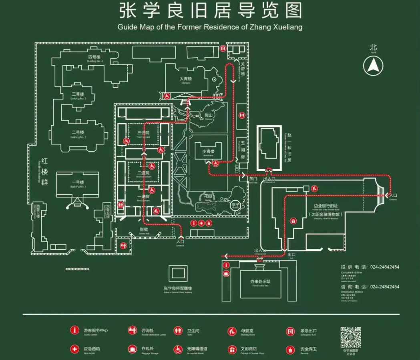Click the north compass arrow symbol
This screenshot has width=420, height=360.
click(x=373, y=65)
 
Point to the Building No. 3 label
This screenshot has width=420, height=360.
click(x=78, y=95)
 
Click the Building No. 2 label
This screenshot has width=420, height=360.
click(x=78, y=134)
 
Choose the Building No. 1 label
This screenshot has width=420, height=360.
click(x=78, y=184)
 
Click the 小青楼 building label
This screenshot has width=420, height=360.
click(x=208, y=152)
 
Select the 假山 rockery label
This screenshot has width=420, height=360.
click(x=208, y=115)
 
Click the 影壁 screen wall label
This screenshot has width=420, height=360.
click(x=144, y=230)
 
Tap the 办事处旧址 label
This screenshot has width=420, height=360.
click(x=260, y=282)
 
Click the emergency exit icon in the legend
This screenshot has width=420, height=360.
click(x=290, y=331)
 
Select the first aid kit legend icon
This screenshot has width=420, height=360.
click(x=75, y=349)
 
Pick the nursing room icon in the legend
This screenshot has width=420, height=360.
click(x=232, y=331)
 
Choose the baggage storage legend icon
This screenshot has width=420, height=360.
click(x=133, y=349)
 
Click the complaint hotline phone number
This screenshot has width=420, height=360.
click(x=384, y=267)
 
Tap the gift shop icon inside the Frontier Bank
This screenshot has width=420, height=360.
click(x=293, y=221)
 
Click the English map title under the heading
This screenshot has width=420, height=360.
click(x=210, y=27)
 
